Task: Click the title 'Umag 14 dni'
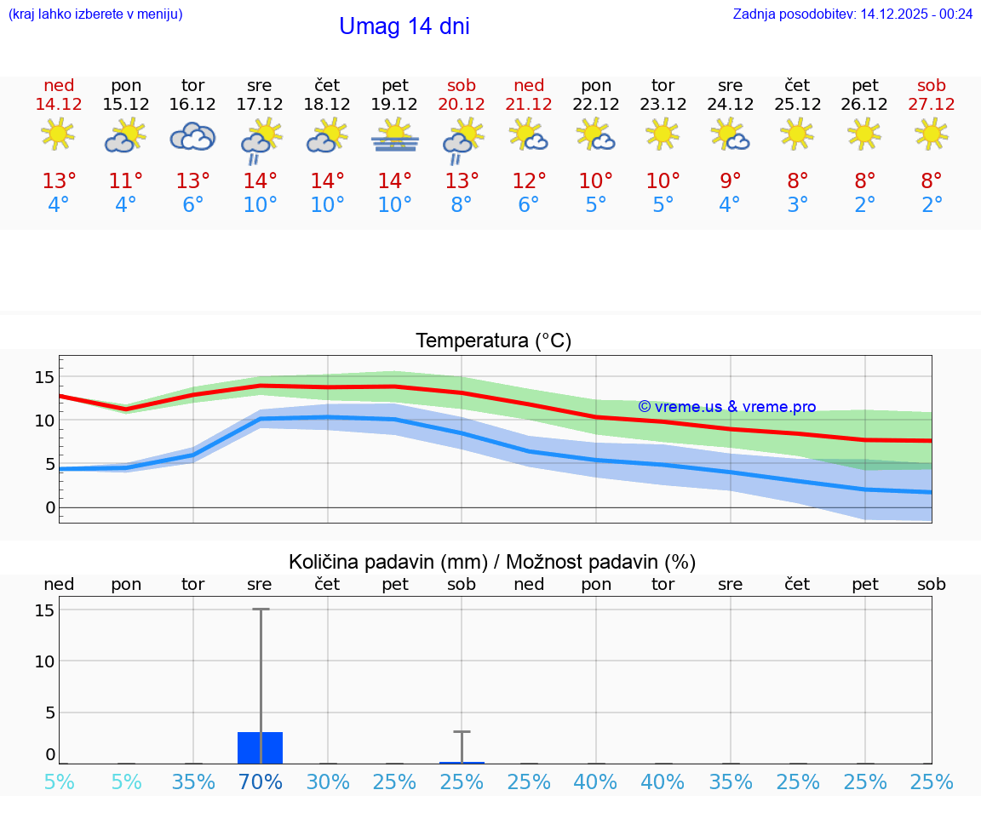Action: [x=404, y=26]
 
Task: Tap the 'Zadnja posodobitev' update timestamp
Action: [x=852, y=14]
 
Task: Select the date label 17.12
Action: [x=260, y=104]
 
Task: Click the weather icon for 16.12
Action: [x=192, y=136]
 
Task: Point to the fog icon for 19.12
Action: [x=394, y=136]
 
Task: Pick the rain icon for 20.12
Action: [x=462, y=140]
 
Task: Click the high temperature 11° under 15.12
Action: [x=126, y=181]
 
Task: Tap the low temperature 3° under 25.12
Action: [x=797, y=205]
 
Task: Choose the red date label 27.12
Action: [x=932, y=104]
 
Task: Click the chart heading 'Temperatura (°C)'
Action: [x=493, y=341]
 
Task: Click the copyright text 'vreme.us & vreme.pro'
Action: [x=727, y=407]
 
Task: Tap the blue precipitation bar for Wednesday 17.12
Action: [x=260, y=747]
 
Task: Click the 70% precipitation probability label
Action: [x=260, y=782]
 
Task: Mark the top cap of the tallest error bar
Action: [x=260, y=610]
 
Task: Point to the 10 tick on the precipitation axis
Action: [x=45, y=661]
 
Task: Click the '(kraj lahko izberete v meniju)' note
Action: [x=95, y=14]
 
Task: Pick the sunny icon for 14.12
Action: [x=58, y=134]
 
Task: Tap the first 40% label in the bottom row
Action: [x=596, y=782]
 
